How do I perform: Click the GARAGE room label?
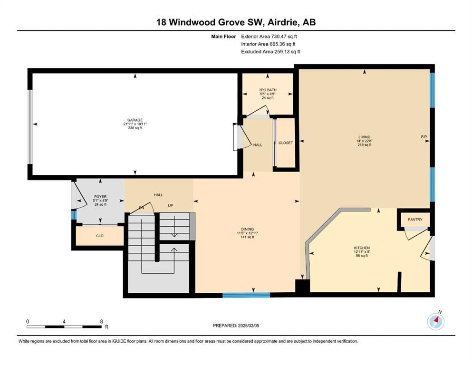(x=135, y=120)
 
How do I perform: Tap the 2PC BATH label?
(x=268, y=90)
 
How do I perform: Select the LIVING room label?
(x=364, y=137)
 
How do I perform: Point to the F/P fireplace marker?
(x=424, y=137)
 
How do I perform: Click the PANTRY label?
(x=415, y=220)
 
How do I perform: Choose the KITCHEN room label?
(x=362, y=248)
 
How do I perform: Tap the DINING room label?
(x=248, y=229)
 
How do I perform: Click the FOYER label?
(x=100, y=197)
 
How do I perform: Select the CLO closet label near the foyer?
(x=100, y=236)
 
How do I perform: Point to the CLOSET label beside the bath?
(x=286, y=143)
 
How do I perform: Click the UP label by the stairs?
(x=170, y=206)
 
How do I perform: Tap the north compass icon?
(x=436, y=321)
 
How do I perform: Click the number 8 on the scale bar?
(x=102, y=321)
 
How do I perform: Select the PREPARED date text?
(x=236, y=326)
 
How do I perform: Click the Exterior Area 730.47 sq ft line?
(x=269, y=37)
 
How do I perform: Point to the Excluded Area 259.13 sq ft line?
(x=270, y=52)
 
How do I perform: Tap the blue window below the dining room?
(x=246, y=295)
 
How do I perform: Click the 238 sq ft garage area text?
(x=135, y=128)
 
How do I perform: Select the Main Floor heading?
(x=223, y=37)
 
